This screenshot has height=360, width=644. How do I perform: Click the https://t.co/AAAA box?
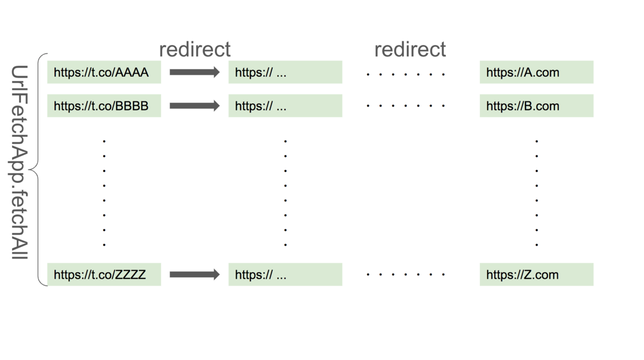[x=104, y=72]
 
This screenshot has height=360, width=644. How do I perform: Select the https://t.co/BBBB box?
[x=104, y=106]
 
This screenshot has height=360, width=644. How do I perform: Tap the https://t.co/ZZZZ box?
[x=104, y=275]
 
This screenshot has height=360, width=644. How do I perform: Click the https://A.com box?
[x=536, y=72]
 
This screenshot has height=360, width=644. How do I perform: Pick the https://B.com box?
[x=536, y=106]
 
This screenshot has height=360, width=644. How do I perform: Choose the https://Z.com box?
[x=536, y=275]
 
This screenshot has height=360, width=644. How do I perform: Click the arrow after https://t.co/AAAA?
[x=195, y=72]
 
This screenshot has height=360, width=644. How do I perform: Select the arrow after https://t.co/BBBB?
[x=195, y=106]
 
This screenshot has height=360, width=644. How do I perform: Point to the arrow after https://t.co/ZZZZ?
[x=195, y=275]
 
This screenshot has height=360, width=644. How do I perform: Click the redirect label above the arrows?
[x=195, y=49]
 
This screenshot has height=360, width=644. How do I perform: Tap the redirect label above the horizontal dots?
[x=410, y=49]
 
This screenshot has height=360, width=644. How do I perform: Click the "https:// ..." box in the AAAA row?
[x=285, y=72]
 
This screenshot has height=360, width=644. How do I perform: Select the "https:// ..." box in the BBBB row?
[x=285, y=106]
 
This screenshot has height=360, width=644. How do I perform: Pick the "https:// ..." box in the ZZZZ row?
[x=285, y=275]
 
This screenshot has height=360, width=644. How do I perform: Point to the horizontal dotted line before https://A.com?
[x=406, y=74]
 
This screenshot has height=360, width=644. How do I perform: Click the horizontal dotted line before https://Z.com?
[x=406, y=275]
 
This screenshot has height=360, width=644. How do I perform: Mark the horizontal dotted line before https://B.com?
[x=406, y=106]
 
